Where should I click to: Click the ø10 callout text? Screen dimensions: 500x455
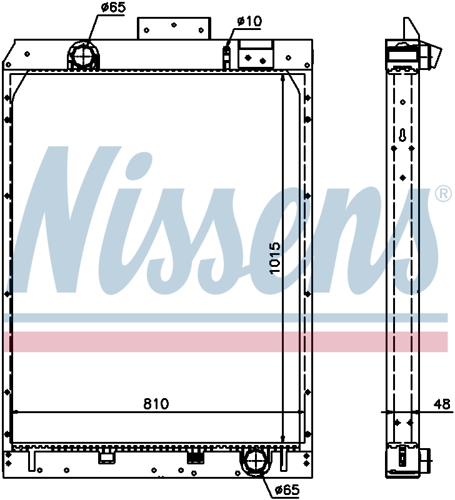click(x=249, y=21)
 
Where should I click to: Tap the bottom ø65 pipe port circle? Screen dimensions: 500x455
click(x=254, y=461)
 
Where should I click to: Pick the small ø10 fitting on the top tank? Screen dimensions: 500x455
click(x=227, y=50)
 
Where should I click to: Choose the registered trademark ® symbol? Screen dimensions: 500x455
click(x=442, y=194)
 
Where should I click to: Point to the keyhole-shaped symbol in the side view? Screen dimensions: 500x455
click(x=403, y=136)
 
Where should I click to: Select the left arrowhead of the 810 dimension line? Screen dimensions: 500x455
click(x=16, y=412)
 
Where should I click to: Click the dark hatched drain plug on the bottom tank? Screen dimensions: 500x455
click(x=196, y=457)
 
